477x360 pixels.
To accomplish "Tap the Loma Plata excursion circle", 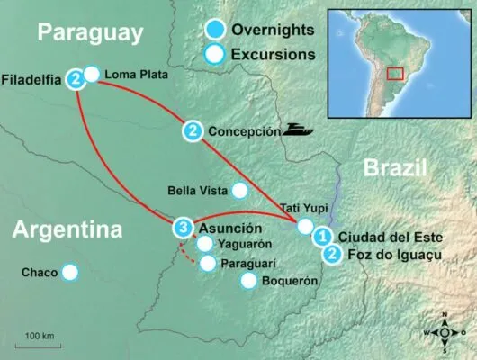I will click(x=92, y=74).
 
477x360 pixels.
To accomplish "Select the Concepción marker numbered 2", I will click(x=193, y=131).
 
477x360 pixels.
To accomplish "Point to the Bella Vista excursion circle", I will click(x=239, y=190).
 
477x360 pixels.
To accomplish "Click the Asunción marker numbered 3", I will click(x=184, y=228).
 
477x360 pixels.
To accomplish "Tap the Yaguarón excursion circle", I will click(x=205, y=244).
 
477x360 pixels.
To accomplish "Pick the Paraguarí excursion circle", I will click(x=208, y=264).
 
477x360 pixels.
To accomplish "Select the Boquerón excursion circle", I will click(x=249, y=281).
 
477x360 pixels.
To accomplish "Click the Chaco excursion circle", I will click(x=69, y=272).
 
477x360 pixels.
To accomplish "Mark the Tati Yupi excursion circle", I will click(x=306, y=226).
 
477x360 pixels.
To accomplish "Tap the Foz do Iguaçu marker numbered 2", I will click(x=333, y=255).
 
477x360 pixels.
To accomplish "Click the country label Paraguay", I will click(x=90, y=33).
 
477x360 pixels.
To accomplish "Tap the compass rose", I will click(x=444, y=330).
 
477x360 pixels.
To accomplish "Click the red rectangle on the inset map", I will click(x=394, y=73).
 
